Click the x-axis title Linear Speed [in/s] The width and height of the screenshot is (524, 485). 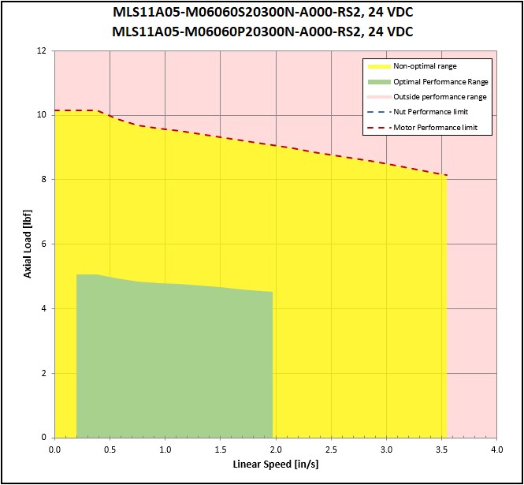click(x=275, y=464)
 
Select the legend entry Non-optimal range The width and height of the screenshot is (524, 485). click(x=425, y=66)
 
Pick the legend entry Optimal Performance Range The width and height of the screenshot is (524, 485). click(x=440, y=81)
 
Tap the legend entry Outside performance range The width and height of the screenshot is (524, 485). click(x=440, y=96)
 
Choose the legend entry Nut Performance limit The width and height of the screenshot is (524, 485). click(x=430, y=112)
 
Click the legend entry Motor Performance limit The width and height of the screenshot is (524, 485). click(x=435, y=127)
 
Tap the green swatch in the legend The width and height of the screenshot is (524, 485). click(x=377, y=81)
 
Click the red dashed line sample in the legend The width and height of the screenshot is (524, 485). click(x=377, y=127)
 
